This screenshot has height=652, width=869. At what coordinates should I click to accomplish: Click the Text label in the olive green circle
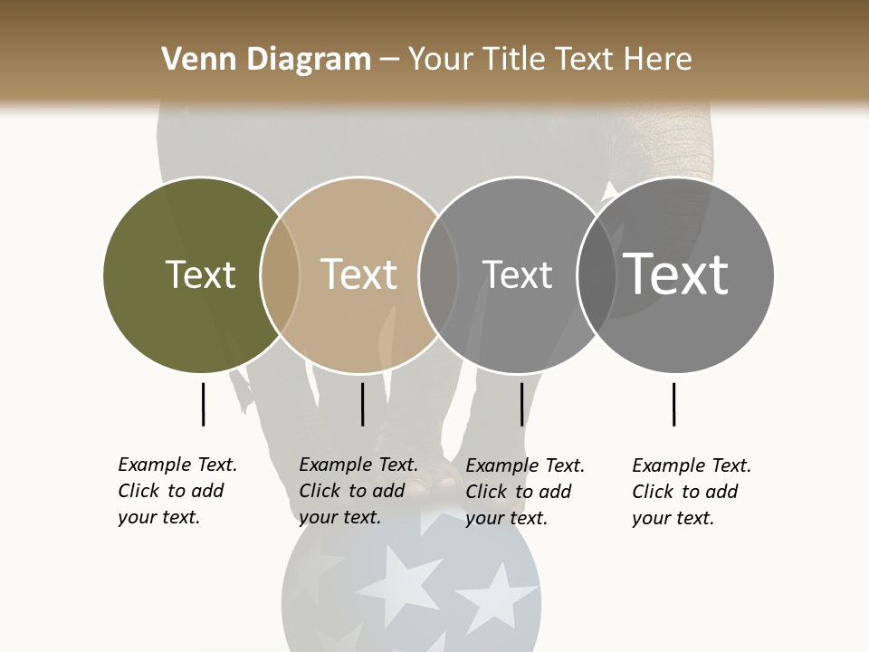200,274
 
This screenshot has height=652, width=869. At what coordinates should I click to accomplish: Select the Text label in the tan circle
358,274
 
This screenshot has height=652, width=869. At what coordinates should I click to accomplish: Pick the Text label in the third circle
517,274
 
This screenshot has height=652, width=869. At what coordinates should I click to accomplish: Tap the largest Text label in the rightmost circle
675,273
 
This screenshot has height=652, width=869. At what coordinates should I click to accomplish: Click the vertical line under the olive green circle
203,404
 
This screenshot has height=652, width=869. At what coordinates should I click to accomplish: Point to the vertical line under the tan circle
362,404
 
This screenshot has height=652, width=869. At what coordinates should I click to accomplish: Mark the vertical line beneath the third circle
521,404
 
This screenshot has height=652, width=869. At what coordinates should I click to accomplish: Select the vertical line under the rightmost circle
673,404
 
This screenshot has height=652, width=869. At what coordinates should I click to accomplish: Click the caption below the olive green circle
177,491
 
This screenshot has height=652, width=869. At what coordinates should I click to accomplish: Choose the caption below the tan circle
358,491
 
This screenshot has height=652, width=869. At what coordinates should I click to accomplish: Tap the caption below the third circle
525,492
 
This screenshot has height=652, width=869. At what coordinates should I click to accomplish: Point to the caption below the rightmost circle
692,492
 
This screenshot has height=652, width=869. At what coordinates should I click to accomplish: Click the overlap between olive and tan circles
280,274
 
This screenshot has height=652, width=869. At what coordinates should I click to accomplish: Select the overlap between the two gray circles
597,274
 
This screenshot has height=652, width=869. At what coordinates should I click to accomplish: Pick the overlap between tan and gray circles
438,274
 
